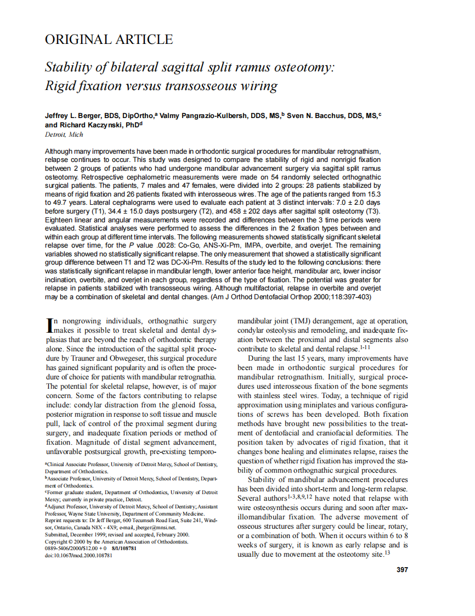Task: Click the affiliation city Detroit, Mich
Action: tap(63, 134)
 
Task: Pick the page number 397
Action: tap(402, 570)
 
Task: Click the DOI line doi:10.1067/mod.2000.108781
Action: tap(78, 555)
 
